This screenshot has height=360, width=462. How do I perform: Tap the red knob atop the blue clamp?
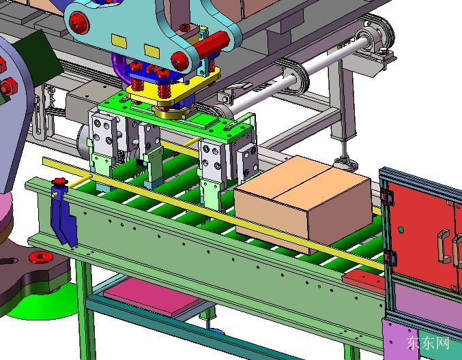[x=59, y=181]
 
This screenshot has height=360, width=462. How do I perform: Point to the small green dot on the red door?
[x=401, y=229]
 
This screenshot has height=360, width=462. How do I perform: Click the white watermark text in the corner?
[x=428, y=343]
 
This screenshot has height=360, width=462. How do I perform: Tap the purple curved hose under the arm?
[x=120, y=67]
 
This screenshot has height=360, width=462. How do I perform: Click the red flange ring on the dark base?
[x=41, y=257]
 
